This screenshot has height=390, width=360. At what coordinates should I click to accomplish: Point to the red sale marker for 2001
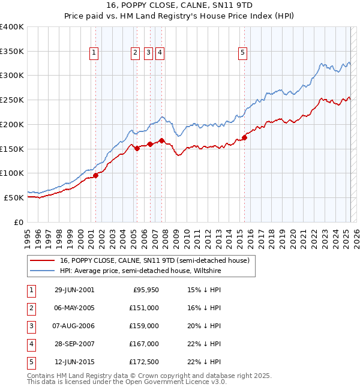tap(96, 175)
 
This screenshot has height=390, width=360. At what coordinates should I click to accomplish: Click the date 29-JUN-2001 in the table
tap(74, 290)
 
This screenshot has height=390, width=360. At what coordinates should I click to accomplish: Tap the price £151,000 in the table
tap(145, 308)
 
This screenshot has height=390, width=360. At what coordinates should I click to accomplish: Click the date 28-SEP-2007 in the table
tap(74, 344)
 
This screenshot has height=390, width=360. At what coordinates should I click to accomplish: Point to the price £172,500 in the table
tap(145, 362)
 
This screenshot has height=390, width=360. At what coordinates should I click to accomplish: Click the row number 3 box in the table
tap(31, 326)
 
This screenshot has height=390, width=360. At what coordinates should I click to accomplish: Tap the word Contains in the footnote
tap(41, 376)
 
